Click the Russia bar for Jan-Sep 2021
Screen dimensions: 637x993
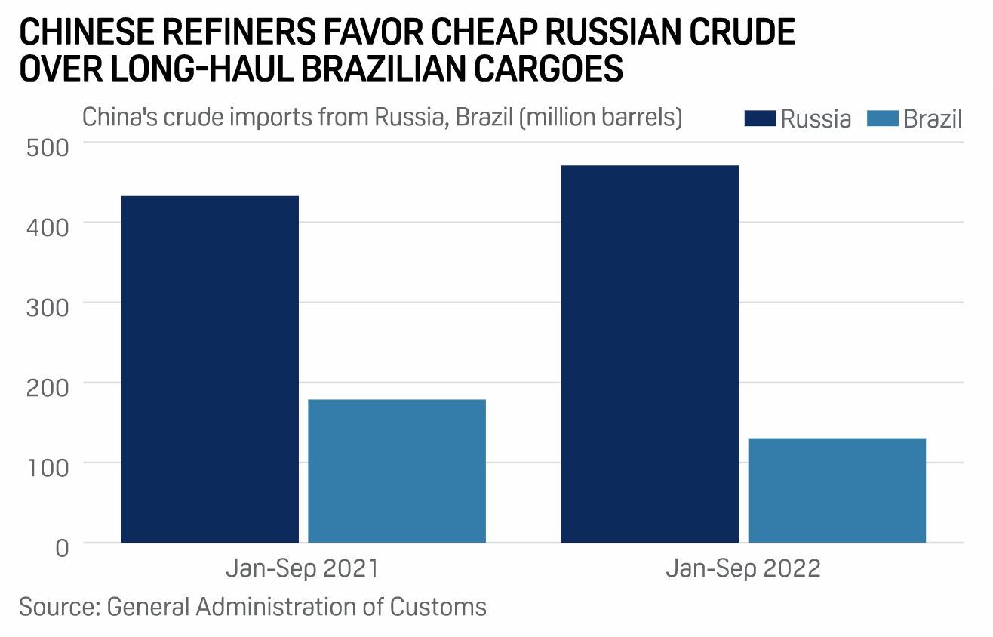pyautogui.click(x=210, y=369)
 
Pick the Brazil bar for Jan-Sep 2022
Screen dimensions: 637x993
pyautogui.click(x=837, y=490)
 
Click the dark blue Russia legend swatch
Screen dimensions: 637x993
pyautogui.click(x=760, y=119)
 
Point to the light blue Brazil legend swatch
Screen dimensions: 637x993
pyautogui.click(x=883, y=119)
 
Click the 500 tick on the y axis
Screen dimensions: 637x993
pyautogui.click(x=48, y=146)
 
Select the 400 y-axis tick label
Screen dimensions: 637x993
pyautogui.click(x=48, y=225)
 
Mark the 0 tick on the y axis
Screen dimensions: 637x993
pyautogui.click(x=62, y=546)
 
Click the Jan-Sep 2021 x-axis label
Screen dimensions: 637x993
pyautogui.click(x=303, y=568)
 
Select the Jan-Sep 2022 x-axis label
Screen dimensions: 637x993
pyautogui.click(x=743, y=568)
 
